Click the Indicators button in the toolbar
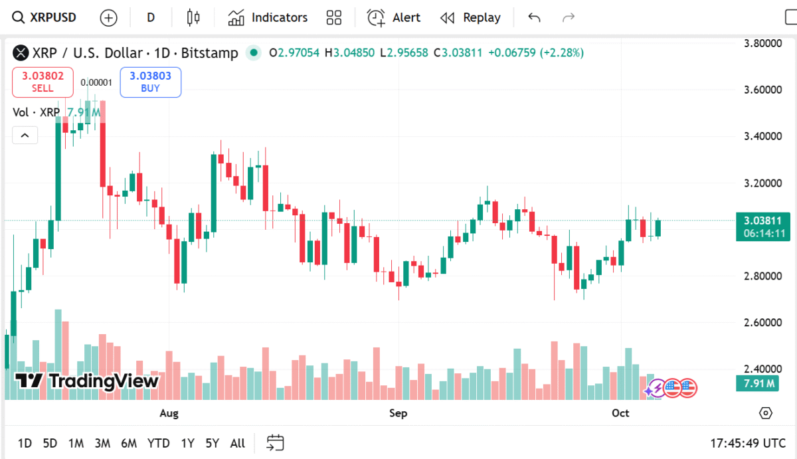click(x=268, y=18)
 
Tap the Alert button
click(x=394, y=18)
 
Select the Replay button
click(x=470, y=18)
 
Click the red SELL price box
click(x=42, y=82)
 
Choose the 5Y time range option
click(x=212, y=443)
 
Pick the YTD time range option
click(x=158, y=443)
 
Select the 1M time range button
click(x=76, y=443)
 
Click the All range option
click(x=237, y=443)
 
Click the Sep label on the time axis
click(x=398, y=413)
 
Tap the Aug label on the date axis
click(x=169, y=413)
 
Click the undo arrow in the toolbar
click(x=534, y=18)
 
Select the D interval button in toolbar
click(x=151, y=18)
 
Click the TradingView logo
click(x=87, y=381)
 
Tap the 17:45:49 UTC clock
click(x=747, y=443)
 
